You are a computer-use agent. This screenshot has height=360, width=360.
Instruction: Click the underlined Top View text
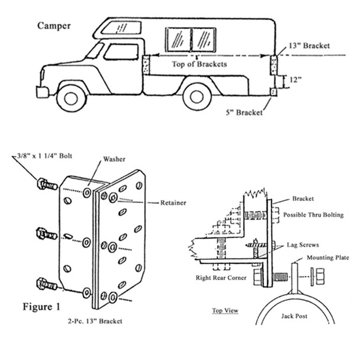click(x=225, y=309)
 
